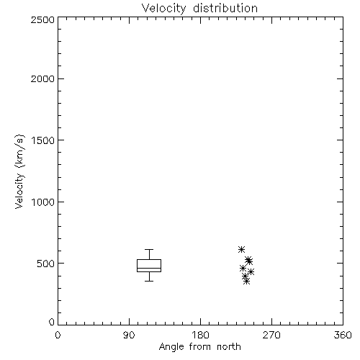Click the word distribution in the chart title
point(225,8)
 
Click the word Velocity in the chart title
point(164,9)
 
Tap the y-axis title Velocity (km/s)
point(19,171)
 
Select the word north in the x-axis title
point(229,346)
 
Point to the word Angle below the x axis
point(171,347)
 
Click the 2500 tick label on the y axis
point(42,19)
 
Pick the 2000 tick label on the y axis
point(42,78)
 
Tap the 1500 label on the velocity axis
point(43,140)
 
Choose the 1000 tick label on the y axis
point(43,202)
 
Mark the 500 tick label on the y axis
point(46,264)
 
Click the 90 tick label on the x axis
point(129,335)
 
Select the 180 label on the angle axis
point(200,335)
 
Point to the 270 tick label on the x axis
point(271,335)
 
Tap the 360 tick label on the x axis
point(343,335)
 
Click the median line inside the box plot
point(149,268)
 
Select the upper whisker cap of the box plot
point(149,250)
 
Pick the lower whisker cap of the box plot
point(149,281)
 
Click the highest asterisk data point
point(241,249)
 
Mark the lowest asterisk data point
point(246,281)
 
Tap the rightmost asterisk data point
point(251,271)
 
